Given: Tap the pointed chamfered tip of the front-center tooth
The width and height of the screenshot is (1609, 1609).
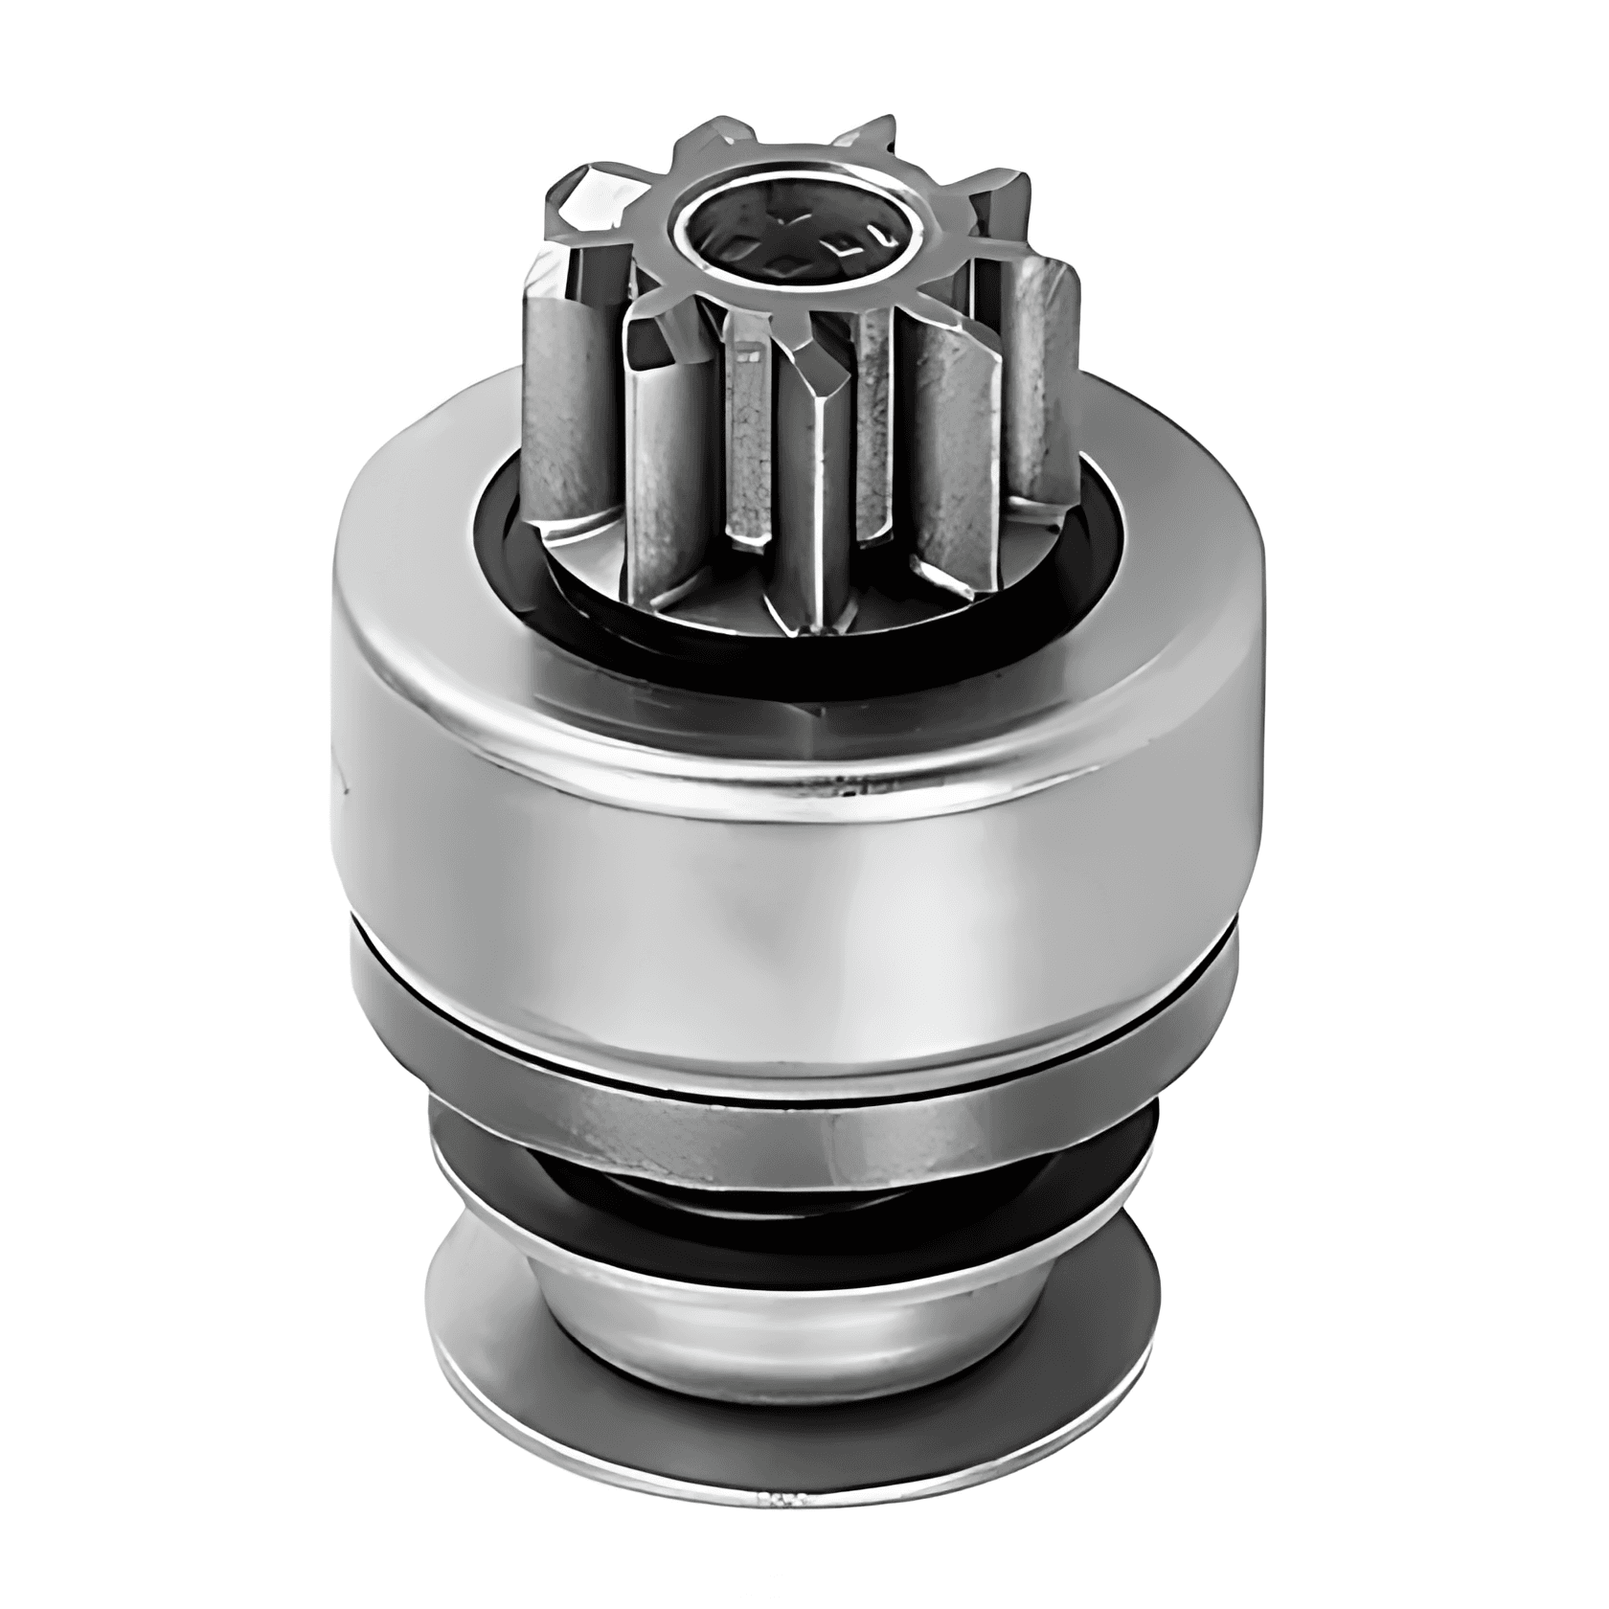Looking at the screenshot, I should (x=817, y=369).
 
